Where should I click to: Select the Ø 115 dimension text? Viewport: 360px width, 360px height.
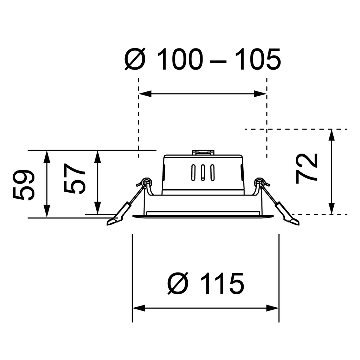pyautogui.click(x=206, y=283)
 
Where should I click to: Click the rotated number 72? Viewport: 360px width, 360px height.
pyautogui.click(x=307, y=169)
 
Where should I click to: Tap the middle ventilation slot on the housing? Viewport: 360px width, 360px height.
pyautogui.click(x=203, y=172)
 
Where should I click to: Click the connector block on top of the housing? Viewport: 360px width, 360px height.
pyautogui.click(x=203, y=152)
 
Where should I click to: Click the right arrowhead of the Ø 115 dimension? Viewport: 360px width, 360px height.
pyautogui.click(x=273, y=308)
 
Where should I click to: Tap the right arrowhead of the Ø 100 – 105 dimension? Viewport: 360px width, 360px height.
pyautogui.click(x=261, y=94)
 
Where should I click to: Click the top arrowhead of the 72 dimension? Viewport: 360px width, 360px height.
pyautogui.click(x=331, y=135)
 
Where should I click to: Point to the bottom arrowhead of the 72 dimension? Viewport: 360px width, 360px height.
pyautogui.click(x=331, y=208)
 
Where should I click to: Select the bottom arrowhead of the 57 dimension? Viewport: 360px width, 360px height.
pyautogui.click(x=98, y=208)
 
